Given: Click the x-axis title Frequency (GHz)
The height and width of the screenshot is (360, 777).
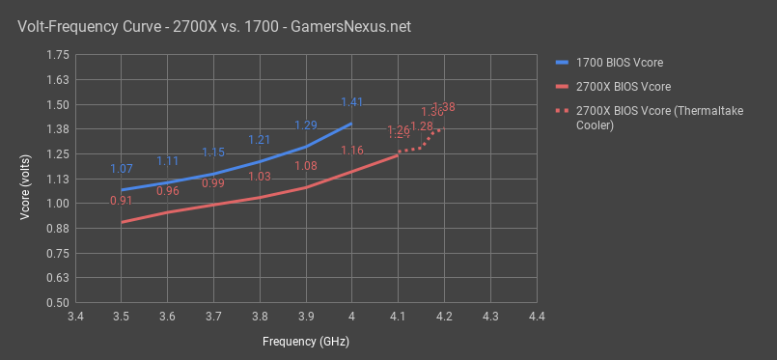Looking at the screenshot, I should click(305, 342).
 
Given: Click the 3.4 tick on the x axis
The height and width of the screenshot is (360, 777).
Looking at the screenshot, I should click(75, 317).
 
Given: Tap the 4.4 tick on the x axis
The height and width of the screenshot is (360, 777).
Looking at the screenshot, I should click(536, 317).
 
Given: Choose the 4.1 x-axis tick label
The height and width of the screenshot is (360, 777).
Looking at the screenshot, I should click(398, 317).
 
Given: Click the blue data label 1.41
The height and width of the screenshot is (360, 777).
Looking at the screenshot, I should click(351, 101).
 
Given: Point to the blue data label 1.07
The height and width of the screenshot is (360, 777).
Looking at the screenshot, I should click(121, 169).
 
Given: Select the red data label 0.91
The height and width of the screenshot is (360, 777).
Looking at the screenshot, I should click(121, 201).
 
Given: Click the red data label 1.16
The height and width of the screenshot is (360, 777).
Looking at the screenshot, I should click(351, 151).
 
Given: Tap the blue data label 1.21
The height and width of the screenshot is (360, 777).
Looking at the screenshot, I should click(260, 141).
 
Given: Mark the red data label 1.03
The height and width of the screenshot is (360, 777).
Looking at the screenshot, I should click(260, 177).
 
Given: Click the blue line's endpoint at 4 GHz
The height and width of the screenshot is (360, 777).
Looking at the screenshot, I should click(351, 123).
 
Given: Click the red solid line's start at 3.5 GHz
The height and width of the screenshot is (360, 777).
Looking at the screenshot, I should click(121, 222).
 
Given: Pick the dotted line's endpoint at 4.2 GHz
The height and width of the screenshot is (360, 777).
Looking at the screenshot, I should click(443, 128).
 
